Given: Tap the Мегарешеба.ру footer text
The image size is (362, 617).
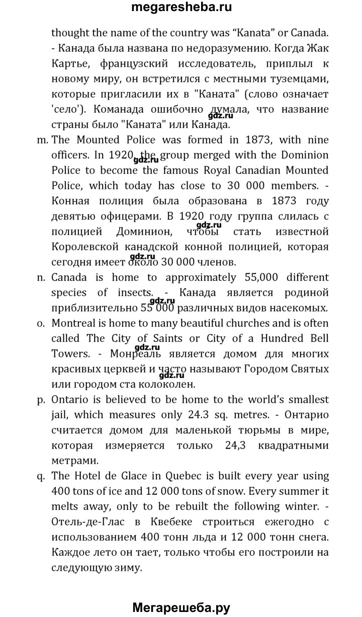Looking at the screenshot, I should [181, 607].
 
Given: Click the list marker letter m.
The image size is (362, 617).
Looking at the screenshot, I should [43, 140].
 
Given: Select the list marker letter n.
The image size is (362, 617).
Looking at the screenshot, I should [43, 277].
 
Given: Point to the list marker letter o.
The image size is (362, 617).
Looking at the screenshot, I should [43, 323].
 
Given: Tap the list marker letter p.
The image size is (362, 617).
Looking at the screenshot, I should [43, 400].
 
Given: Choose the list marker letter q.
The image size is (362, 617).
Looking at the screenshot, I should [43, 476].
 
